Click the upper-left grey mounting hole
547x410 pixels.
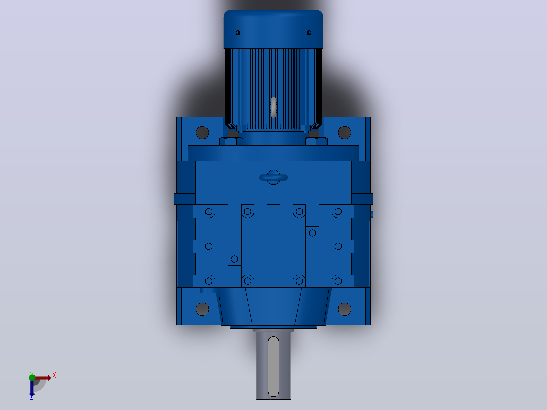(202, 132)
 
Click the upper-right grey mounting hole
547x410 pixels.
(345, 132)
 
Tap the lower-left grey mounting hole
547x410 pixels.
(202, 309)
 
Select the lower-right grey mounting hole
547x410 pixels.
(345, 309)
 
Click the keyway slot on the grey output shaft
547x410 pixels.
(273, 367)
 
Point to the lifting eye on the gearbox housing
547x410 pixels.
(273, 177)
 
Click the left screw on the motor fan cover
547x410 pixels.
(238, 33)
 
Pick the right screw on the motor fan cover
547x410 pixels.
(309, 33)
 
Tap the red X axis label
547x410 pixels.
(54, 375)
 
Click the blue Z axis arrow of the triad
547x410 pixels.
(32, 388)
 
